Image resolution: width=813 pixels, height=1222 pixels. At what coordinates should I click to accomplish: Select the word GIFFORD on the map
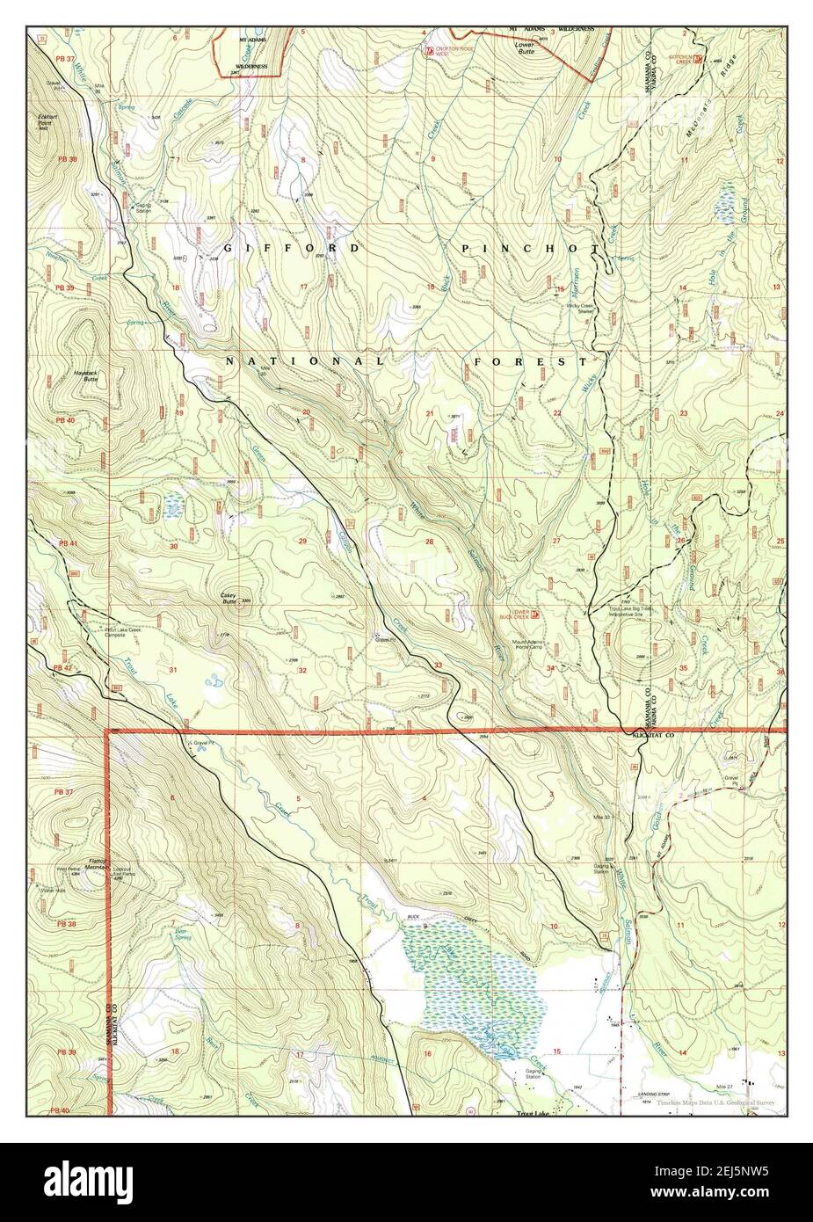(x=290, y=249)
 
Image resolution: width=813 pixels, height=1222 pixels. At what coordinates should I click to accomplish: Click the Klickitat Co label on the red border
(x=652, y=734)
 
